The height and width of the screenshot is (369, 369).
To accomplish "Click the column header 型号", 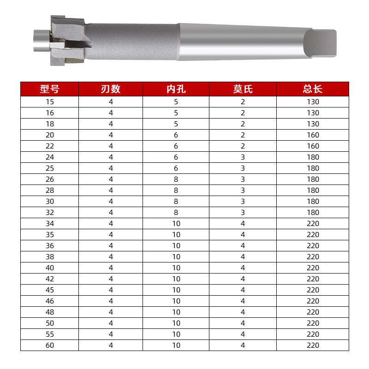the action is point(49,89).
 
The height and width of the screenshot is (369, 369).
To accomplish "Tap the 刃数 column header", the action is point(111,89).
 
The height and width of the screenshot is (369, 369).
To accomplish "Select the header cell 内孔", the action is point(176,89).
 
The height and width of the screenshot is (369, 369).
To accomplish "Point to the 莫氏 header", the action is point(243,89).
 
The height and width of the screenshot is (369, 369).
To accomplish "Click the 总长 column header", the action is point(313,89).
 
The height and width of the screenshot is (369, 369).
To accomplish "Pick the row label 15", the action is point(50,102).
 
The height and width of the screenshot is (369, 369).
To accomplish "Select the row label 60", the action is point(50,345).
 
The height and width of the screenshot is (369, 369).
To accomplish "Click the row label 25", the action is point(50,168).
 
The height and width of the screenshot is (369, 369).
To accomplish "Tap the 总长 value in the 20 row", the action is point(313,135).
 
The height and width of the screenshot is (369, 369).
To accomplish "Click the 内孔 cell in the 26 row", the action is point(176,179).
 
